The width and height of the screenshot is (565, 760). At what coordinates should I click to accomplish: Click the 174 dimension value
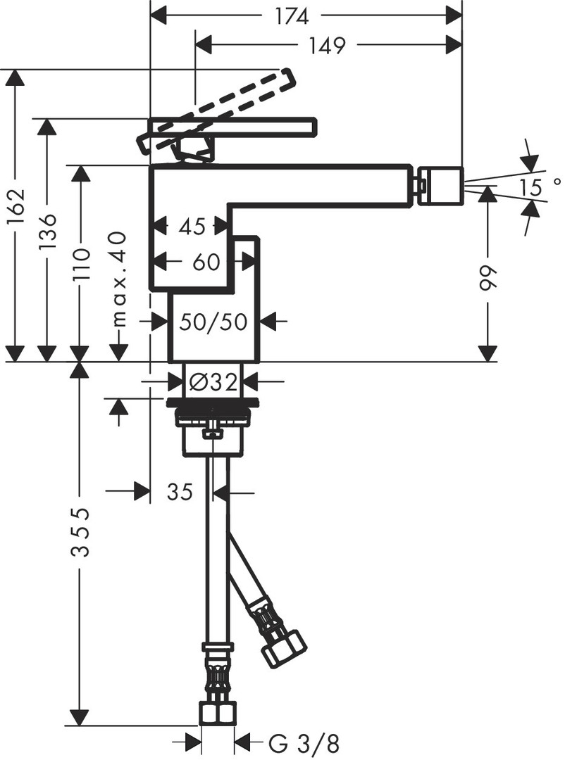pyautogui.click(x=292, y=17)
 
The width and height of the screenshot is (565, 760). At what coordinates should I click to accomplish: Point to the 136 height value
pyautogui.click(x=48, y=232)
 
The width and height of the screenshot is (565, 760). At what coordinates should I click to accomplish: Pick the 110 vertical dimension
pyautogui.click(x=80, y=265)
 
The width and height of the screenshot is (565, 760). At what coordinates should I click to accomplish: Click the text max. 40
pyautogui.click(x=118, y=279)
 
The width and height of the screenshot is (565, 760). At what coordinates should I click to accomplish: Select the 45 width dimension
pyautogui.click(x=192, y=227)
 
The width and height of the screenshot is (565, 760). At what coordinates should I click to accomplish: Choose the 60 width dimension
pyautogui.click(x=206, y=262)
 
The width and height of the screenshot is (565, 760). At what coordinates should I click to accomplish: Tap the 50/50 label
pyautogui.click(x=213, y=322)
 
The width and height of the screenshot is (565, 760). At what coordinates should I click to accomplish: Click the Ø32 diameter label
pyautogui.click(x=213, y=382)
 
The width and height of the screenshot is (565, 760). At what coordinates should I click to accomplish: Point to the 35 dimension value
pyautogui.click(x=180, y=492)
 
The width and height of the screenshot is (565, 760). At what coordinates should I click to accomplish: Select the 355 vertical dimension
pyautogui.click(x=80, y=532)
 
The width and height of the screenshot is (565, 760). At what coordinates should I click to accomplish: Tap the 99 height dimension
pyautogui.click(x=488, y=278)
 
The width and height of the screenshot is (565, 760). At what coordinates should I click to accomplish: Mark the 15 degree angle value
pyautogui.click(x=538, y=187)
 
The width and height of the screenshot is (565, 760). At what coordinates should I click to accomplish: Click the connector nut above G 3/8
pyautogui.click(x=217, y=713)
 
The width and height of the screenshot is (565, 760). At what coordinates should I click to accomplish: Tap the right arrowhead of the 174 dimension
pyautogui.click(x=454, y=17)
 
